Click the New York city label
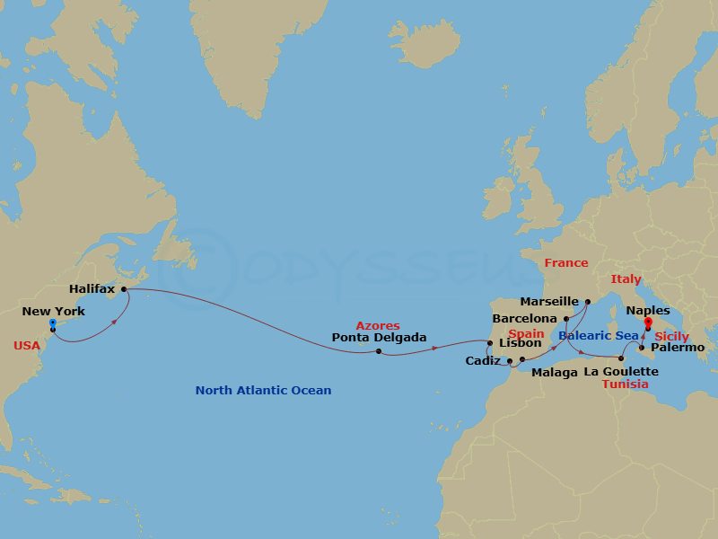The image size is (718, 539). pos(53,312)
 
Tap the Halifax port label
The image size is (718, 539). pos(92,289)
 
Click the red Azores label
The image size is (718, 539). pos(378,325)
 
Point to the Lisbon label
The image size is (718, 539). pos(520,343)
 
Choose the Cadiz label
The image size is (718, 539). pos(483,361)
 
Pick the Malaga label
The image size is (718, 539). pos(554,372)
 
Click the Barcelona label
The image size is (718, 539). pos(524,319)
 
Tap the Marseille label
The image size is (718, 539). pos(549,303)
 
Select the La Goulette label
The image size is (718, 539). pos(621,371)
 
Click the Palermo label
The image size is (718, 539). pos(678,347)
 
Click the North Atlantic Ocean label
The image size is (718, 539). pos(263,391)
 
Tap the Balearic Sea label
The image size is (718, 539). pos(598,335)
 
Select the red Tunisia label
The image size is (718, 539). pos(625,384)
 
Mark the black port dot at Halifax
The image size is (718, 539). pos(124,289)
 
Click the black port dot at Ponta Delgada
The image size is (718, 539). pos(379,351)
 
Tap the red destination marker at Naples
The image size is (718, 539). pos(648,321)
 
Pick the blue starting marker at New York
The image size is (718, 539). pos(53,322)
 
